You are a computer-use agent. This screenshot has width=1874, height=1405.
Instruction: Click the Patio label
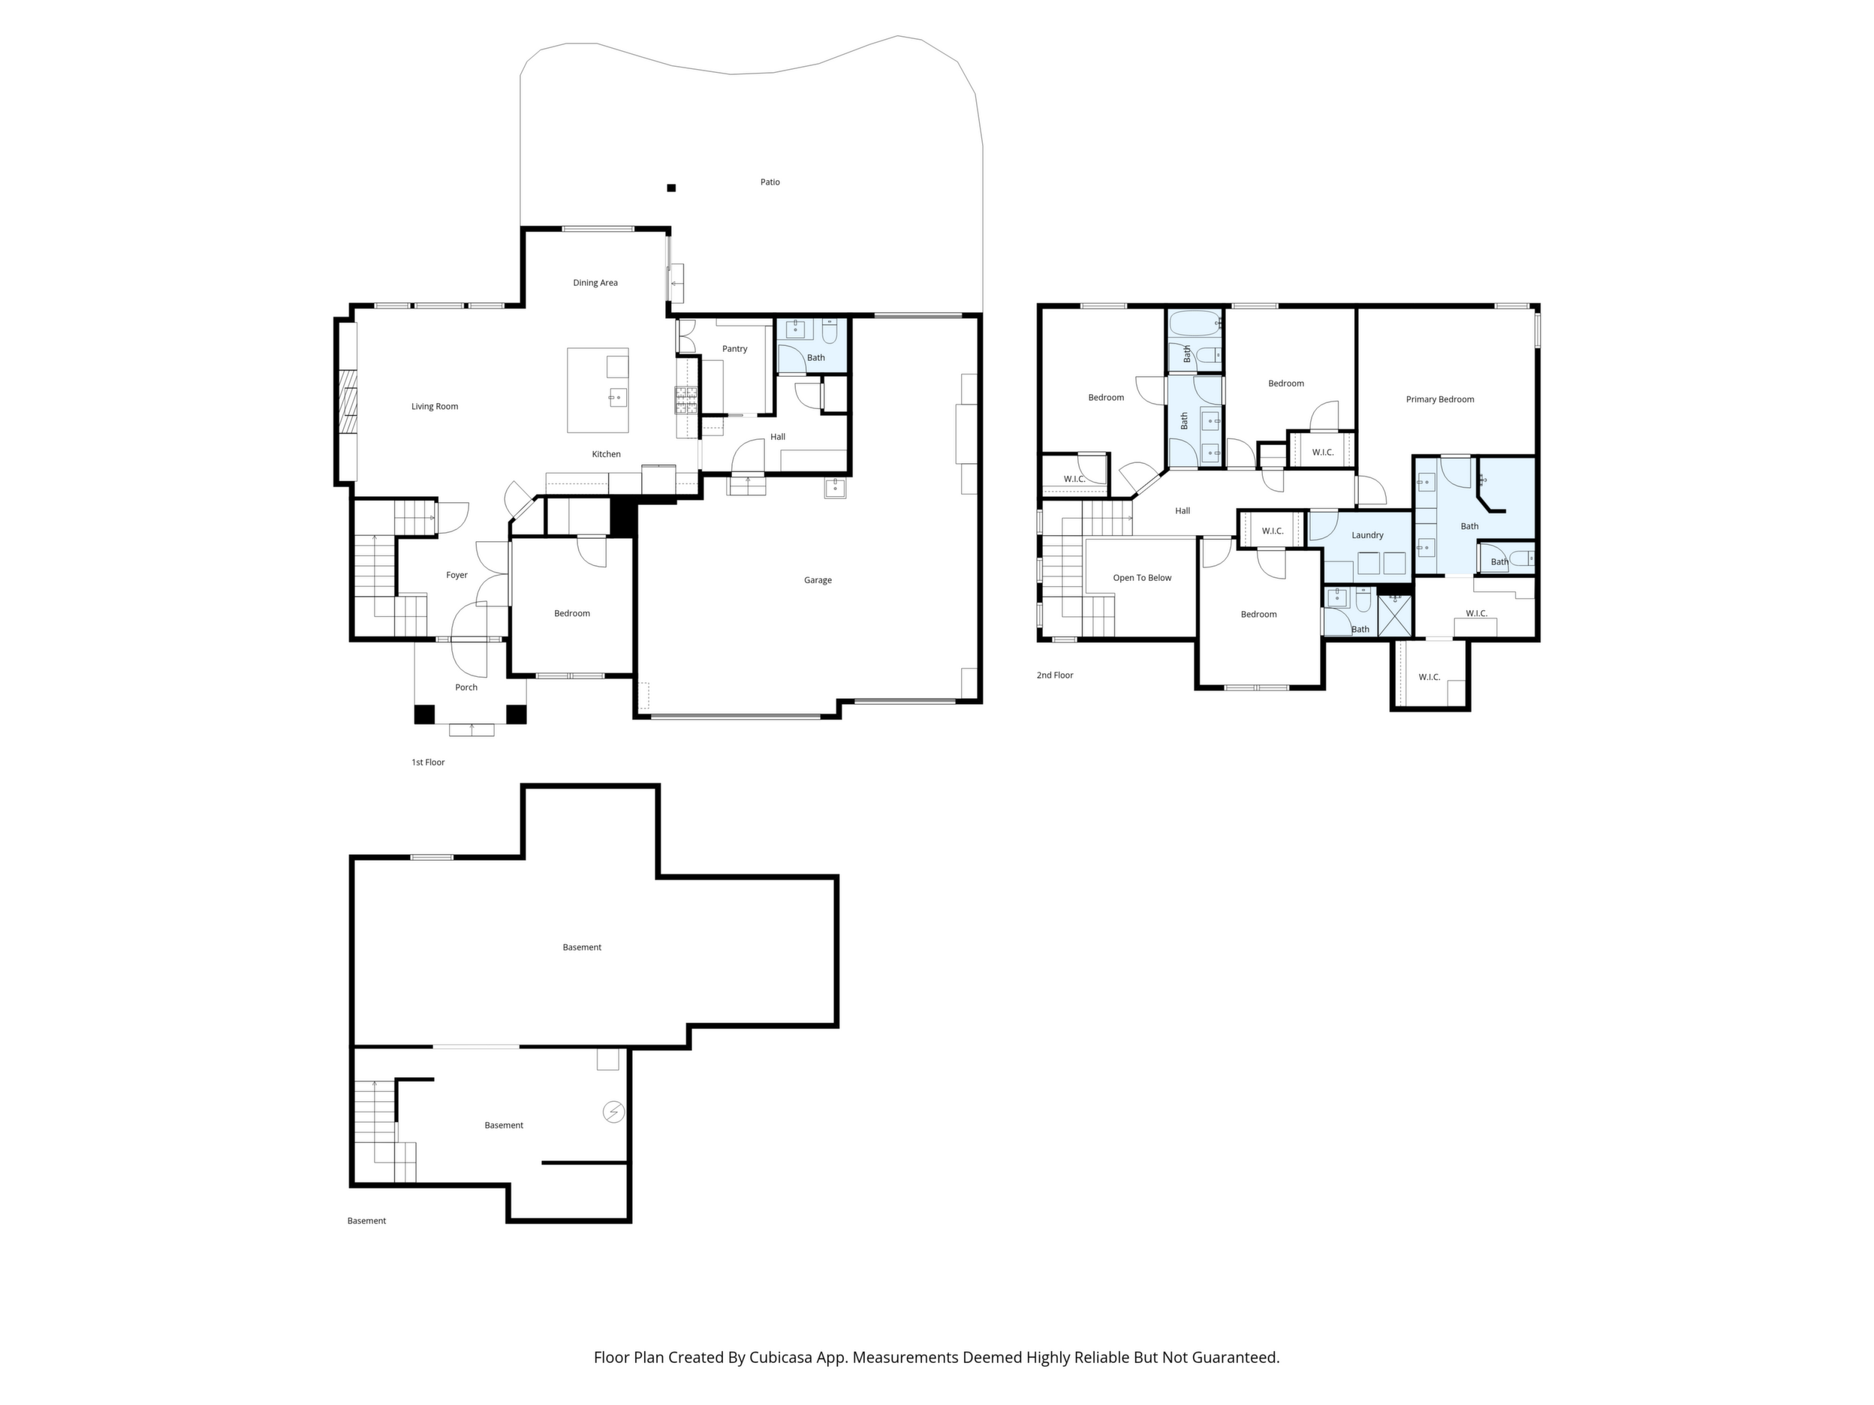pos(770,182)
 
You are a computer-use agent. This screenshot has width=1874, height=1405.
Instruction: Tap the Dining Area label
pos(595,283)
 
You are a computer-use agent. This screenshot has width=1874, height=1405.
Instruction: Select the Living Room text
pos(435,407)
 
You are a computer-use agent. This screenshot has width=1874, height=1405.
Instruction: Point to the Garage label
pos(818,580)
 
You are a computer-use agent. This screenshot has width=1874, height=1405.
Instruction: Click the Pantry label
pos(734,349)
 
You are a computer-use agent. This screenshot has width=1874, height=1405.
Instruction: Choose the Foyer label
pos(456,575)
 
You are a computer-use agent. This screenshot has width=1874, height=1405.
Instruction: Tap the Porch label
pos(466,687)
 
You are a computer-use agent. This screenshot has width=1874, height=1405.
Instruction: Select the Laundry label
pos(1367,535)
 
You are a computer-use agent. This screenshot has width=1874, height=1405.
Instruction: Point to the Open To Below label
pos(1142,578)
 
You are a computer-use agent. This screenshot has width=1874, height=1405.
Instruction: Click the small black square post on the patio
pos(671,188)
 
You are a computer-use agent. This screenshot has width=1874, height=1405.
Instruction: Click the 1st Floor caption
pos(428,763)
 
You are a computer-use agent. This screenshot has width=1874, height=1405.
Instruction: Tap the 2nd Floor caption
pos(1055,675)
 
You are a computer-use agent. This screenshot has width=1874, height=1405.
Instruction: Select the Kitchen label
pos(606,454)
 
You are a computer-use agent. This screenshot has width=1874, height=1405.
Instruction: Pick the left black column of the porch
pos(424,714)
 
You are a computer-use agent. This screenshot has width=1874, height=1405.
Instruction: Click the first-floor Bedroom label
pos(572,613)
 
